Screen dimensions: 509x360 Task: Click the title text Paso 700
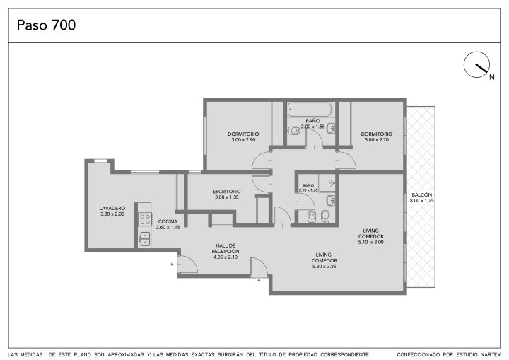point(46,25)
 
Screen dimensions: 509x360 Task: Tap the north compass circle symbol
point(476,64)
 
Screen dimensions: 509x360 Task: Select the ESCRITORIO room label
point(227,192)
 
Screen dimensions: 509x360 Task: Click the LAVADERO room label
point(112,208)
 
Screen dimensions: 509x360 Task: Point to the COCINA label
point(168,221)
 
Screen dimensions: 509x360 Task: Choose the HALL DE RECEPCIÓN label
point(226,248)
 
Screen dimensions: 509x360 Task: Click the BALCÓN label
point(421,195)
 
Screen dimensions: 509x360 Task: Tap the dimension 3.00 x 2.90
point(243,140)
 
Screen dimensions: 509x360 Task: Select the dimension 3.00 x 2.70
point(377,140)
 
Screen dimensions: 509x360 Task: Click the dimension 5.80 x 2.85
point(324,266)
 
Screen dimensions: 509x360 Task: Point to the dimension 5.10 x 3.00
point(370,242)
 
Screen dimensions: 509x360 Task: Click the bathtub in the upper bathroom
point(310,110)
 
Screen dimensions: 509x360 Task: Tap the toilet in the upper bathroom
point(294,131)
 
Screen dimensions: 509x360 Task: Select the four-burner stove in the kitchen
point(145,219)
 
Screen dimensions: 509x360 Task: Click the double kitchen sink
point(144,239)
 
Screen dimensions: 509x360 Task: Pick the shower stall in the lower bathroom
point(327,183)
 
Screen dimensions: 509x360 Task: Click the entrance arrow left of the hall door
point(172,265)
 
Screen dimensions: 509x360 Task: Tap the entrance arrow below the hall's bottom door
point(259,279)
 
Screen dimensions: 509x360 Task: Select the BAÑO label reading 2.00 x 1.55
point(312,124)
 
